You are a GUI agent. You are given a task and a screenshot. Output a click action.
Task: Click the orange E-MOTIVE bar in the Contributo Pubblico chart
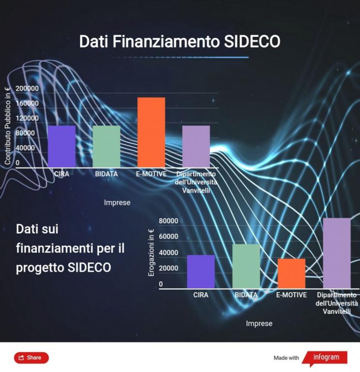click(x=151, y=132)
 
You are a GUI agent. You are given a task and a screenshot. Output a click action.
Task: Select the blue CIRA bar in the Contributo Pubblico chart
click(x=61, y=146)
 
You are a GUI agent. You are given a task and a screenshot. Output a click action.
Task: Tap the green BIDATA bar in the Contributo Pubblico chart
click(x=106, y=146)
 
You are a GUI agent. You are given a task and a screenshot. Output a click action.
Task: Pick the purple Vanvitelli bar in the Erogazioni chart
click(x=337, y=253)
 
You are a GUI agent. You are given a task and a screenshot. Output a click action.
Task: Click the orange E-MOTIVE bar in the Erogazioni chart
click(x=291, y=274)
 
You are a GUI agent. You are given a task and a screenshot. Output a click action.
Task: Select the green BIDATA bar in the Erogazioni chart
click(x=246, y=266)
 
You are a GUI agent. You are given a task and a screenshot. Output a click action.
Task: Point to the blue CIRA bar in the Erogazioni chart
click(x=201, y=272)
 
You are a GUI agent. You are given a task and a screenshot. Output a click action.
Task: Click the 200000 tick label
click(x=27, y=89)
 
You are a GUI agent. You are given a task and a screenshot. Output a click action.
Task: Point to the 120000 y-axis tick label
click(x=27, y=118)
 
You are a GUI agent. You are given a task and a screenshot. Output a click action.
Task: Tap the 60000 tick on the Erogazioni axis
click(x=168, y=236)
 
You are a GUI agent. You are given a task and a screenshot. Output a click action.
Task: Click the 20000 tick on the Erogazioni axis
click(x=168, y=268)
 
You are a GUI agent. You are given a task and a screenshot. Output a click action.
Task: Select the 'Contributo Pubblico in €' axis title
click(x=8, y=125)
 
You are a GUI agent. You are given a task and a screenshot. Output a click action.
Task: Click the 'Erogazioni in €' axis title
click(x=151, y=252)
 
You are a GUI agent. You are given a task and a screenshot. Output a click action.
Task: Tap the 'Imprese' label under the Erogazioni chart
click(x=259, y=324)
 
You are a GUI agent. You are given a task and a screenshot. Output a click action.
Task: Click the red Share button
click(x=31, y=358)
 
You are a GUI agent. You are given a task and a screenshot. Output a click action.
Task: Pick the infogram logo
click(x=325, y=358)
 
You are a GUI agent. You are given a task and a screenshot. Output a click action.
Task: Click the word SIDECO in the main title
click(x=252, y=42)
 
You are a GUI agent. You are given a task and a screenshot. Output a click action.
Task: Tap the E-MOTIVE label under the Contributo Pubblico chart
click(x=151, y=174)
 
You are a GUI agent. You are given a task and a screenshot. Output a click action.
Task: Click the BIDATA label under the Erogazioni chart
click(x=246, y=295)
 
